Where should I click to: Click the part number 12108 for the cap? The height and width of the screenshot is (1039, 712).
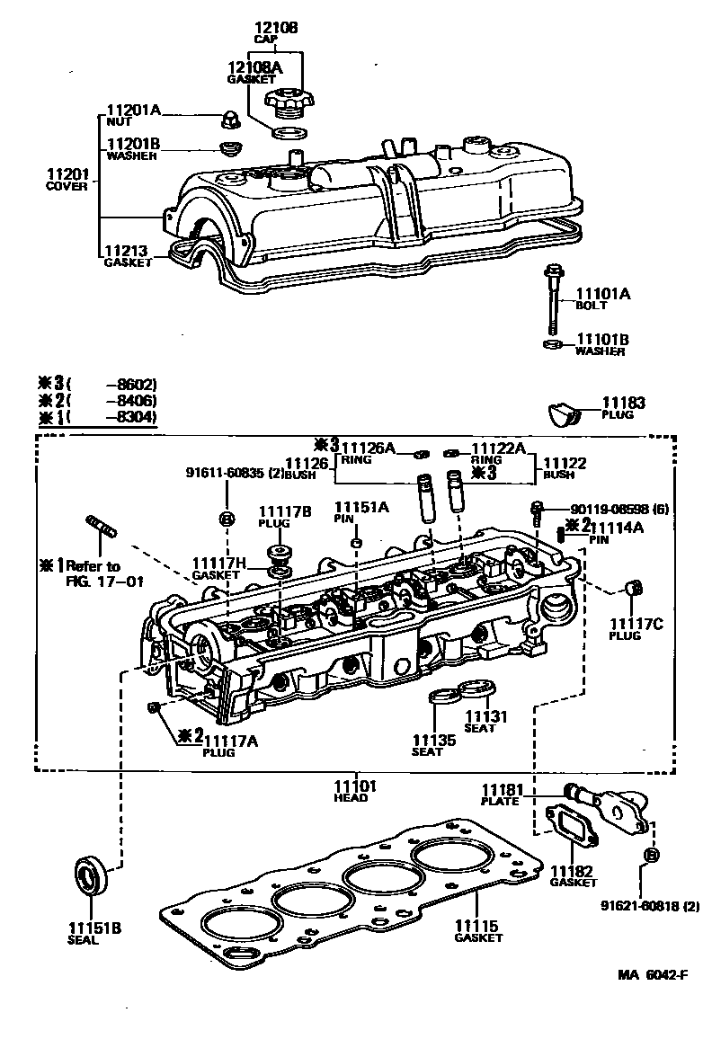[275, 29]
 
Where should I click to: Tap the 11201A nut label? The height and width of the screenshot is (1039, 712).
[133, 111]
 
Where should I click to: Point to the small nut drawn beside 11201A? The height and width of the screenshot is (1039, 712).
[229, 119]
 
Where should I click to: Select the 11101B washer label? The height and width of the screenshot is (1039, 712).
[602, 340]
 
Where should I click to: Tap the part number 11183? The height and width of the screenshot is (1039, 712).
[624, 404]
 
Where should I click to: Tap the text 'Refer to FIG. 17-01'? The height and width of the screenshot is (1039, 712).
[89, 573]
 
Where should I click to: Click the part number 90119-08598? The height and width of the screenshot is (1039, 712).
[610, 508]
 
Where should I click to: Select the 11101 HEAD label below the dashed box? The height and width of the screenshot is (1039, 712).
[354, 788]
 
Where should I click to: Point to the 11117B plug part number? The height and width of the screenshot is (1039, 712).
[285, 511]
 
